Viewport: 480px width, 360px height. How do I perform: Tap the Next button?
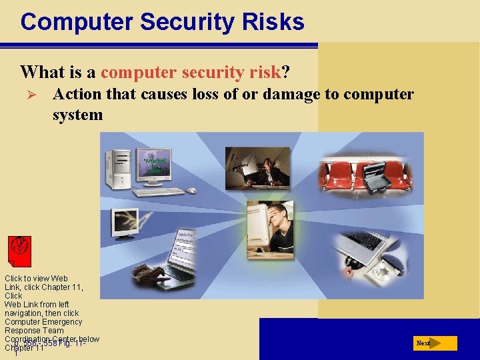click(434, 343)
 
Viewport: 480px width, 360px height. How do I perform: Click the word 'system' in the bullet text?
click(77, 115)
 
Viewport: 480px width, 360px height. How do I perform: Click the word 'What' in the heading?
click(41, 71)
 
